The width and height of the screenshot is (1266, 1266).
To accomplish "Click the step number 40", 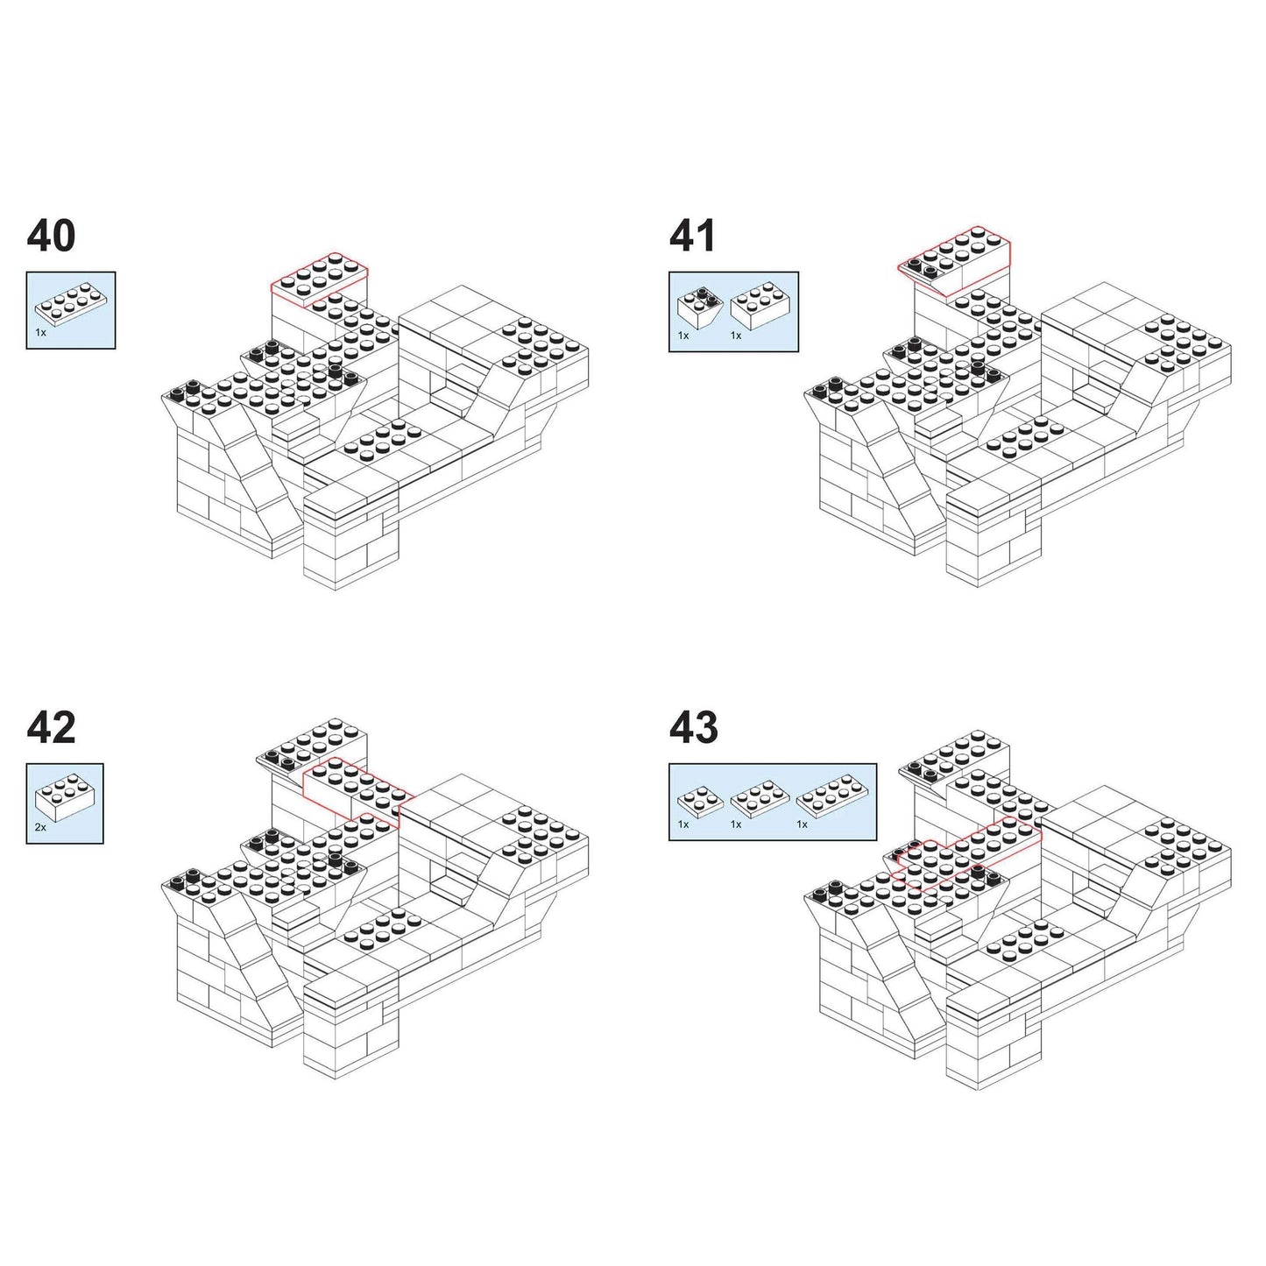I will coord(52,237).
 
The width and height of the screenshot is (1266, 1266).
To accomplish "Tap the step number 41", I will coord(692,237).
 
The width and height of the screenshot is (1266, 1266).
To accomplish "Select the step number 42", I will coord(52,728).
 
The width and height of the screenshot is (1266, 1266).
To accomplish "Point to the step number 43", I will coord(693,728).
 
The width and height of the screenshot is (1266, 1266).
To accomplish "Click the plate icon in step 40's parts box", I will coord(67,302).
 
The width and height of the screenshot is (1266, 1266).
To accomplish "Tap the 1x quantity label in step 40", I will coord(41,333).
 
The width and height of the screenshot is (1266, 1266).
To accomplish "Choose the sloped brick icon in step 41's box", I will coord(701,306).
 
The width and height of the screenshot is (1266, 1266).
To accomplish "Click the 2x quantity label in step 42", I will coord(41,826).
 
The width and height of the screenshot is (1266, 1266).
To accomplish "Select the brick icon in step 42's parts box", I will coord(66,796).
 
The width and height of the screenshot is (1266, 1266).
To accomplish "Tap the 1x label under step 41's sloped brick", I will coord(683,336).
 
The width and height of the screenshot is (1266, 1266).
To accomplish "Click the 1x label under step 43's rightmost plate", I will coord(802,824).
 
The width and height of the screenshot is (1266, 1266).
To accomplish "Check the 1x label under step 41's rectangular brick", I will coord(736,336).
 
